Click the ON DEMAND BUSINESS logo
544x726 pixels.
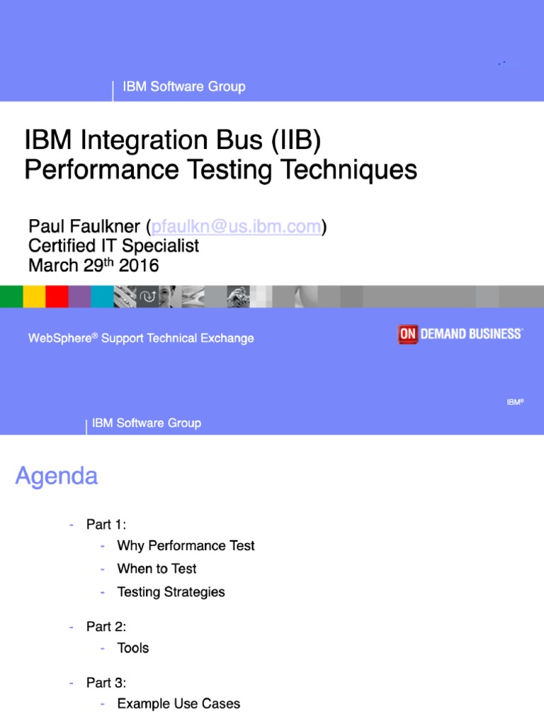coord(460,334)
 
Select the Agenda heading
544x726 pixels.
coord(57,476)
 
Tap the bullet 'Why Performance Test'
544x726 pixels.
coord(186,546)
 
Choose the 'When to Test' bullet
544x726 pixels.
coord(157,569)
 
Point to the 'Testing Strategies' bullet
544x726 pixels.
coord(171,592)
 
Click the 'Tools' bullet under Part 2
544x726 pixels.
coord(133,648)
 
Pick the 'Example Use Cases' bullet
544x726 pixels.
coord(178,704)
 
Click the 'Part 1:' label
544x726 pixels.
coord(106,525)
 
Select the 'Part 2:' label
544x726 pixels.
coord(106,627)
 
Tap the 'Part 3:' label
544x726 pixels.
coord(106,683)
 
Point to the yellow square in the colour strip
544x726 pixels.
coord(34,296)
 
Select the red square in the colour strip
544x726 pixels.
coord(57,296)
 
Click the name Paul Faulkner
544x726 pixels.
coord(84,227)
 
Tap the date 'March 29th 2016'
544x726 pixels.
coord(93,266)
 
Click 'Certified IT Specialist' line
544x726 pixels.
coord(113,246)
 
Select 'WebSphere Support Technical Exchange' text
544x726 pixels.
coord(141,338)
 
